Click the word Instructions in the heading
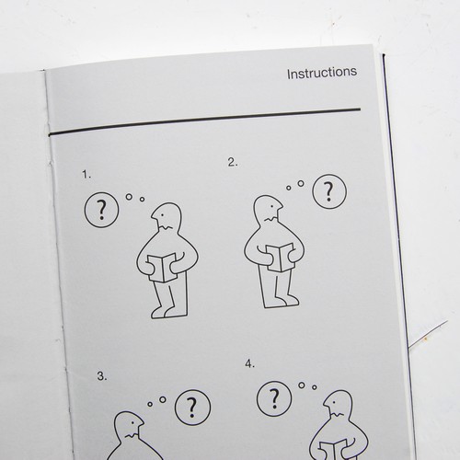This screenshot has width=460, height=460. (x=322, y=73)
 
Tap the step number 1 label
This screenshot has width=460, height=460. (x=86, y=175)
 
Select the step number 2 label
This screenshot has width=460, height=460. (x=233, y=162)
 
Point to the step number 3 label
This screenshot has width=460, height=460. (x=102, y=376)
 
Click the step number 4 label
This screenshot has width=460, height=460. (x=250, y=364)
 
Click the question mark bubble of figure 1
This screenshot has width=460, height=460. (x=101, y=210)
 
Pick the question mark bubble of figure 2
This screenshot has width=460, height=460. (x=329, y=191)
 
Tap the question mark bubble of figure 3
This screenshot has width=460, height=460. (x=192, y=408)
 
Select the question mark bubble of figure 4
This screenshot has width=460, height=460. (x=274, y=398)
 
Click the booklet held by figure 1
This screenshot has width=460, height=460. (x=162, y=268)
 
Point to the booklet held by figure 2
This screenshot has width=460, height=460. (x=280, y=258)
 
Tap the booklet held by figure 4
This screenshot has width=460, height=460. (x=334, y=450)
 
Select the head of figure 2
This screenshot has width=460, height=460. (x=268, y=208)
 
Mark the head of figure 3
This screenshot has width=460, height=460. (x=129, y=424)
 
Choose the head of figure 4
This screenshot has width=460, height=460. (x=339, y=404)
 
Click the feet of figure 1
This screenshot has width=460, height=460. (x=165, y=312)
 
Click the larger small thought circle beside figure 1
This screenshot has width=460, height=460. (x=129, y=197)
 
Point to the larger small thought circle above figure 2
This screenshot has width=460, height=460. (x=301, y=183)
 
